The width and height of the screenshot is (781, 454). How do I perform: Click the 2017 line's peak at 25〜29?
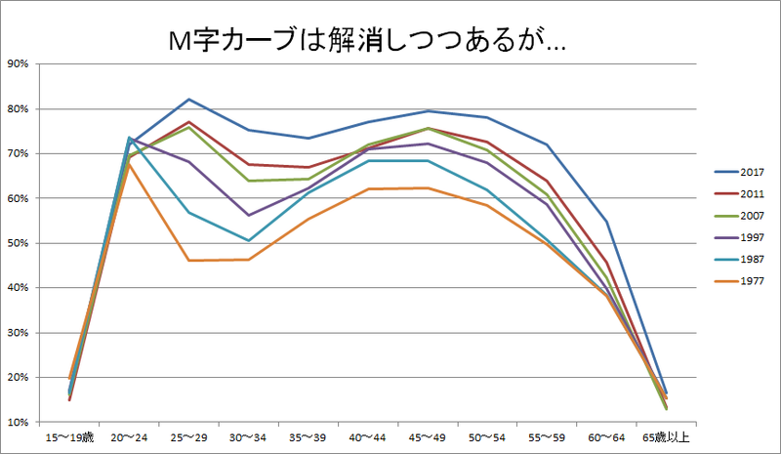(188, 100)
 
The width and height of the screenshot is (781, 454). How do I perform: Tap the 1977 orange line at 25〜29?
(188, 261)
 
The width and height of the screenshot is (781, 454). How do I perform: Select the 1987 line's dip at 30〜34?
(248, 240)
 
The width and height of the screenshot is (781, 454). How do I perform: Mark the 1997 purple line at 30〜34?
(248, 215)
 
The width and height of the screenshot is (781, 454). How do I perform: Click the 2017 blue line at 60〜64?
(605, 222)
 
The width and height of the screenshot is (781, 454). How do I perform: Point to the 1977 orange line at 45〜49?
(427, 188)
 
